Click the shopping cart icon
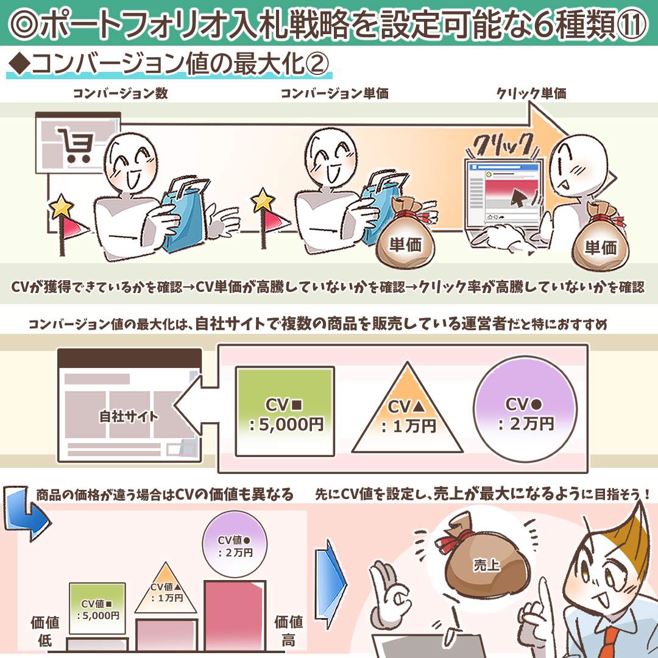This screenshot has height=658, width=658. pos(76,145)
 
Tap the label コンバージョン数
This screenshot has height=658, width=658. pos(121,93)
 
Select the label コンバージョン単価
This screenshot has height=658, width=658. pos(334,93)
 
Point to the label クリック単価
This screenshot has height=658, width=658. pos(531,93)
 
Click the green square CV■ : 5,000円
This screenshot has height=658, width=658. pos(285,411)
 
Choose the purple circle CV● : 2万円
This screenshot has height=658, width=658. pos(525,409)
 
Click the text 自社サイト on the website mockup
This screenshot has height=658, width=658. pos(129,416)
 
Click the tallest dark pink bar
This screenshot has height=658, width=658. pos(235,615)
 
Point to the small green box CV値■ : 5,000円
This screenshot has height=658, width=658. pos(97,609)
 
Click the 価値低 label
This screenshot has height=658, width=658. pos(45,631)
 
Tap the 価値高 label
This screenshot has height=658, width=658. pos(288,631)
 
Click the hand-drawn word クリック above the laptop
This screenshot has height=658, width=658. pos(502,146)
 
